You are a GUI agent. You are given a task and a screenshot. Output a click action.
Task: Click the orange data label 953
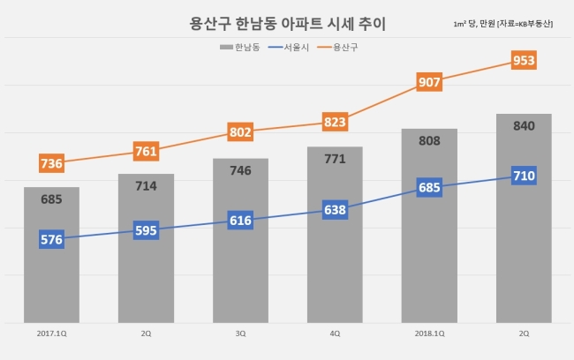524,60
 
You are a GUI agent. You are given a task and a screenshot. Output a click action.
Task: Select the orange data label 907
429,82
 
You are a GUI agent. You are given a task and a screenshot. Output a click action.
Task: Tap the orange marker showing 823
335,122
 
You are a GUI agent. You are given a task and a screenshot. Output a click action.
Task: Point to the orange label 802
240,131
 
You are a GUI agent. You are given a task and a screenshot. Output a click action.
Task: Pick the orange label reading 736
51,163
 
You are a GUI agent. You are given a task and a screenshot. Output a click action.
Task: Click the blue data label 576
51,239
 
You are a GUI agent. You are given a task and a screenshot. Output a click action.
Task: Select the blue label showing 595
146,230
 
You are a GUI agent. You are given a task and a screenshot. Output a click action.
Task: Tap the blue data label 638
335,210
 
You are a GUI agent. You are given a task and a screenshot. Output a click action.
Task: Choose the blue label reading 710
524,176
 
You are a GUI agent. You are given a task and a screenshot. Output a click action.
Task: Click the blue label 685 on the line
429,187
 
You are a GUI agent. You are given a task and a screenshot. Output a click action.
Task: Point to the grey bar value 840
524,126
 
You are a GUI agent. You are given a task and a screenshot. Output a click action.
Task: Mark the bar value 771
335,159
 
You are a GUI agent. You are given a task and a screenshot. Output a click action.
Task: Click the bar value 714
146,186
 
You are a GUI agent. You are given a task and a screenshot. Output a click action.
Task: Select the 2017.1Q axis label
51,334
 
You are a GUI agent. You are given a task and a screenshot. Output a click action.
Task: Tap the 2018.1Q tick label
429,334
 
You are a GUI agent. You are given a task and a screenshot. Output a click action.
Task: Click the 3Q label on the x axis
240,334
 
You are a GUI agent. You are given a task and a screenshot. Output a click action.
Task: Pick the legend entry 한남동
240,47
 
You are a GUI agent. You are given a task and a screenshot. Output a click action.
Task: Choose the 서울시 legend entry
289,47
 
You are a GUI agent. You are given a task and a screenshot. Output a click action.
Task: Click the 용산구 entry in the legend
337,47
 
